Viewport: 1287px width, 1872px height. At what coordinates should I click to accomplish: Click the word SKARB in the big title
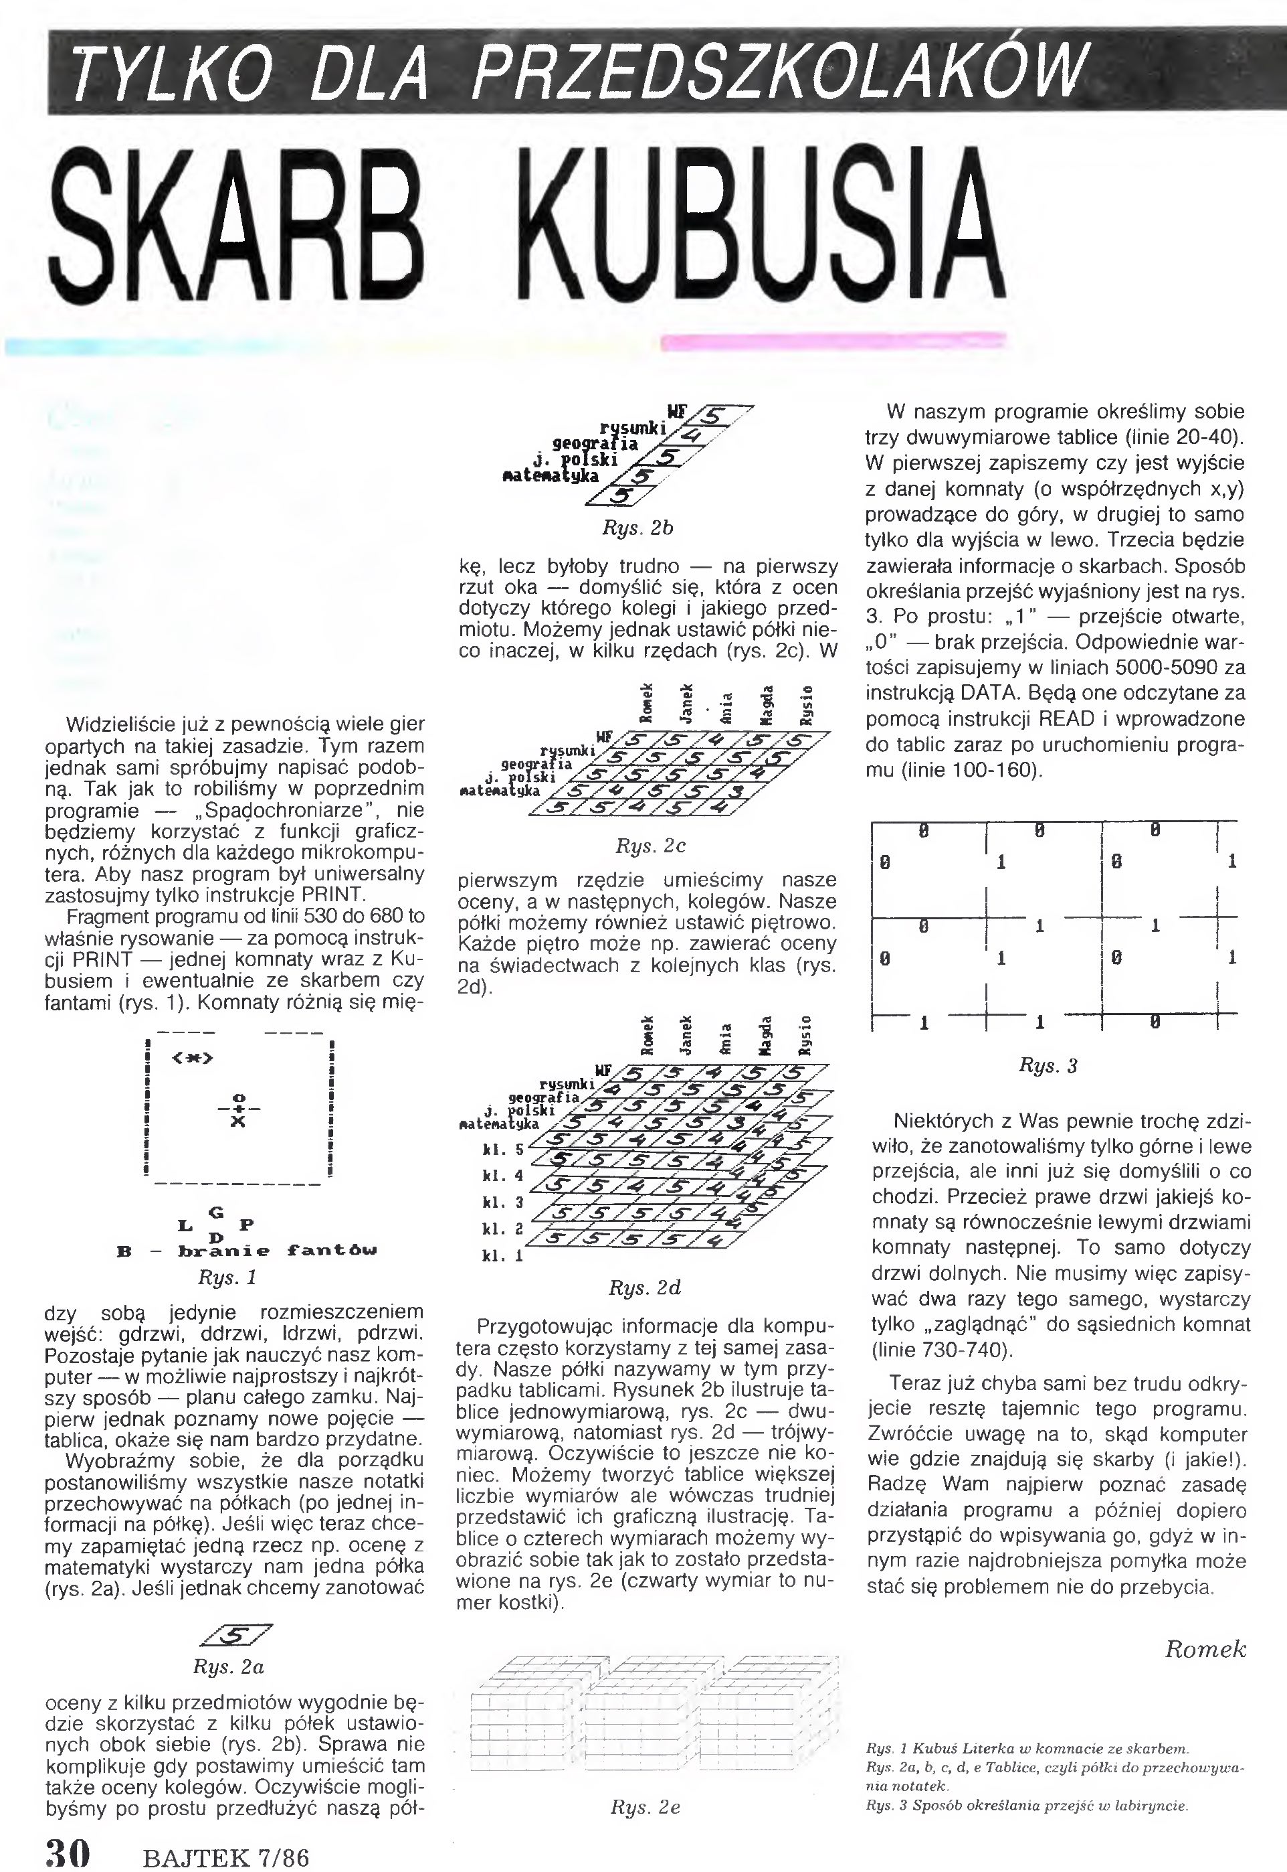tap(234, 228)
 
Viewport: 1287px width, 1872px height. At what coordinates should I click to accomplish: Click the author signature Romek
tap(1205, 1649)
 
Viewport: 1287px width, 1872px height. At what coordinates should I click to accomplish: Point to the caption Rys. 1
tap(227, 1278)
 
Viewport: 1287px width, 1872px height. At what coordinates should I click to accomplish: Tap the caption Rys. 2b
tap(637, 528)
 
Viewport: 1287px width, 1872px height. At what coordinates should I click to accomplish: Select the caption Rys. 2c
tap(650, 846)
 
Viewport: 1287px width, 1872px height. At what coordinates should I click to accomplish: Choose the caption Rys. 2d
tap(644, 1288)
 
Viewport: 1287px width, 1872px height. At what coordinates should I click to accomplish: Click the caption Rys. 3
tap(1048, 1066)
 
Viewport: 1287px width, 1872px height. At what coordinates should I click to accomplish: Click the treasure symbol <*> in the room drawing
tap(192, 1058)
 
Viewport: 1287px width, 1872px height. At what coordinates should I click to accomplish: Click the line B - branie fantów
tap(247, 1251)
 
